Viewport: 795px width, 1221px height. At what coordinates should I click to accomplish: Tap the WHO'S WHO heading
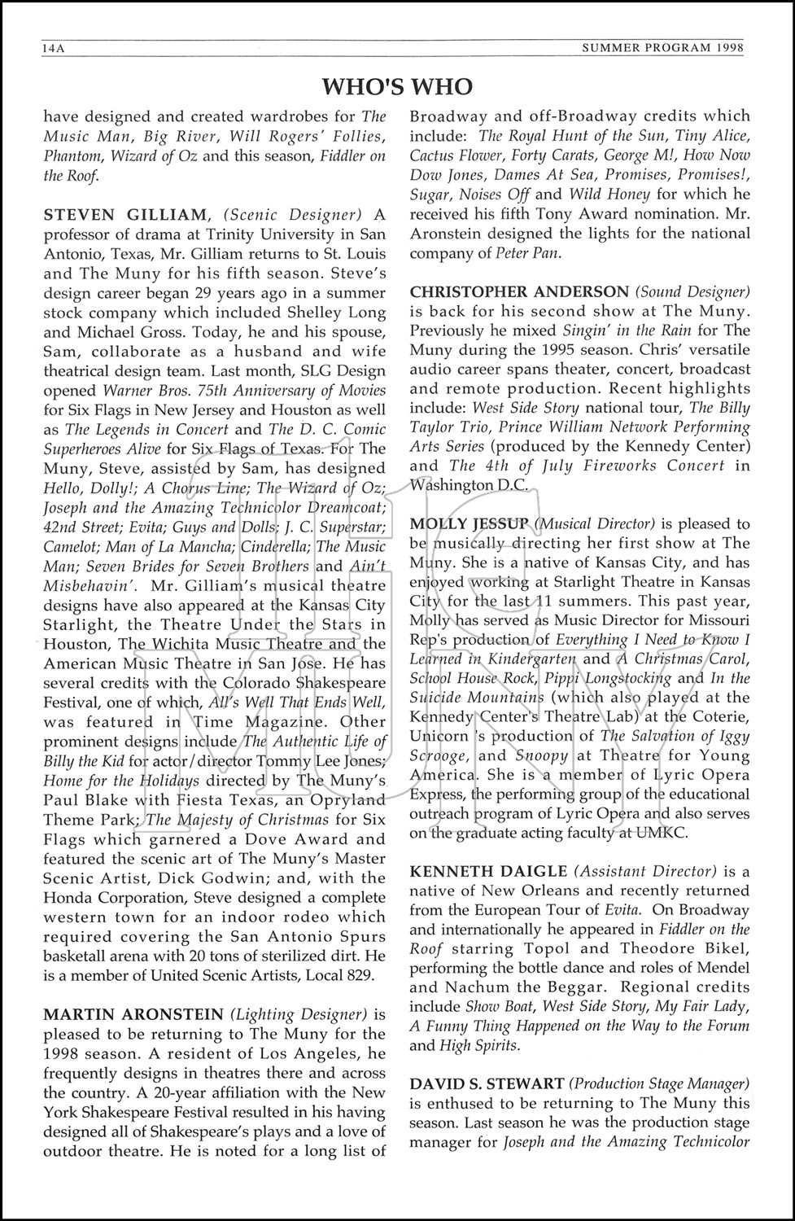click(397, 86)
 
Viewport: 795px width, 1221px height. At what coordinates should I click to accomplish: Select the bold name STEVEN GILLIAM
click(126, 215)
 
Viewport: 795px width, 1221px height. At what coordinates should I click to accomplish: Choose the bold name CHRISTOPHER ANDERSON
click(519, 291)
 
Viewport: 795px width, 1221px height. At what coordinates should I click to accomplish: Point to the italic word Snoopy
click(543, 755)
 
